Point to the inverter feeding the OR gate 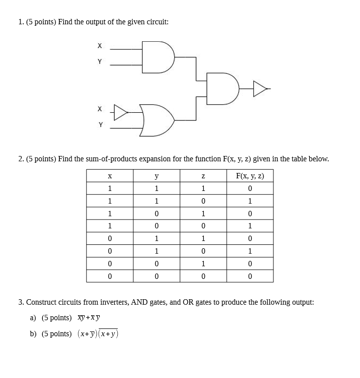(120, 112)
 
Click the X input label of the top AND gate (100, 46)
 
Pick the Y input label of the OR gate (100, 125)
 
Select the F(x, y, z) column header (250, 175)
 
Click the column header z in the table (203, 175)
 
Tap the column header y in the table (156, 175)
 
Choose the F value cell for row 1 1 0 (250, 201)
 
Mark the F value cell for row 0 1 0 (250, 251)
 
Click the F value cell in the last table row (250, 276)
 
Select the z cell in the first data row (203, 188)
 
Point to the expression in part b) (98, 334)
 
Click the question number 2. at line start (21, 158)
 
